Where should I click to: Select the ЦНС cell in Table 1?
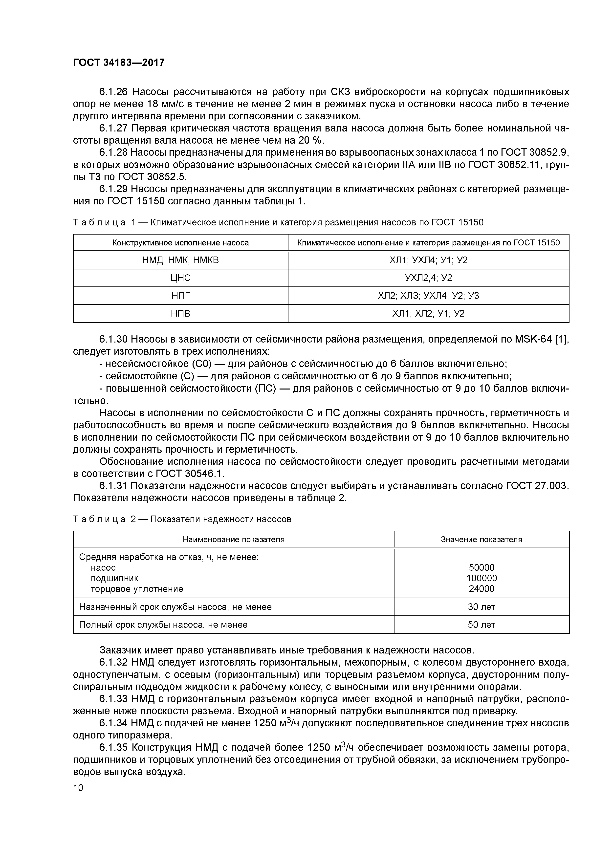[180, 278]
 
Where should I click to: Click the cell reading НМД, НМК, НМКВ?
[180, 260]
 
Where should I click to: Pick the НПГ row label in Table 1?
[180, 296]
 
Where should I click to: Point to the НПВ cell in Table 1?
[180, 313]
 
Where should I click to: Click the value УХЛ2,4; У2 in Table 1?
[428, 278]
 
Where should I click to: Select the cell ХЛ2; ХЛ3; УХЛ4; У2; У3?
[428, 296]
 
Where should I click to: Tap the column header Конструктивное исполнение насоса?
[180, 243]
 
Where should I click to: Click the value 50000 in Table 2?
[481, 567]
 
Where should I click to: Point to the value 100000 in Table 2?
[481, 578]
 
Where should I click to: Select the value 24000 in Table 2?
[481, 589]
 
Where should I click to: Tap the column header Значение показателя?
[481, 540]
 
